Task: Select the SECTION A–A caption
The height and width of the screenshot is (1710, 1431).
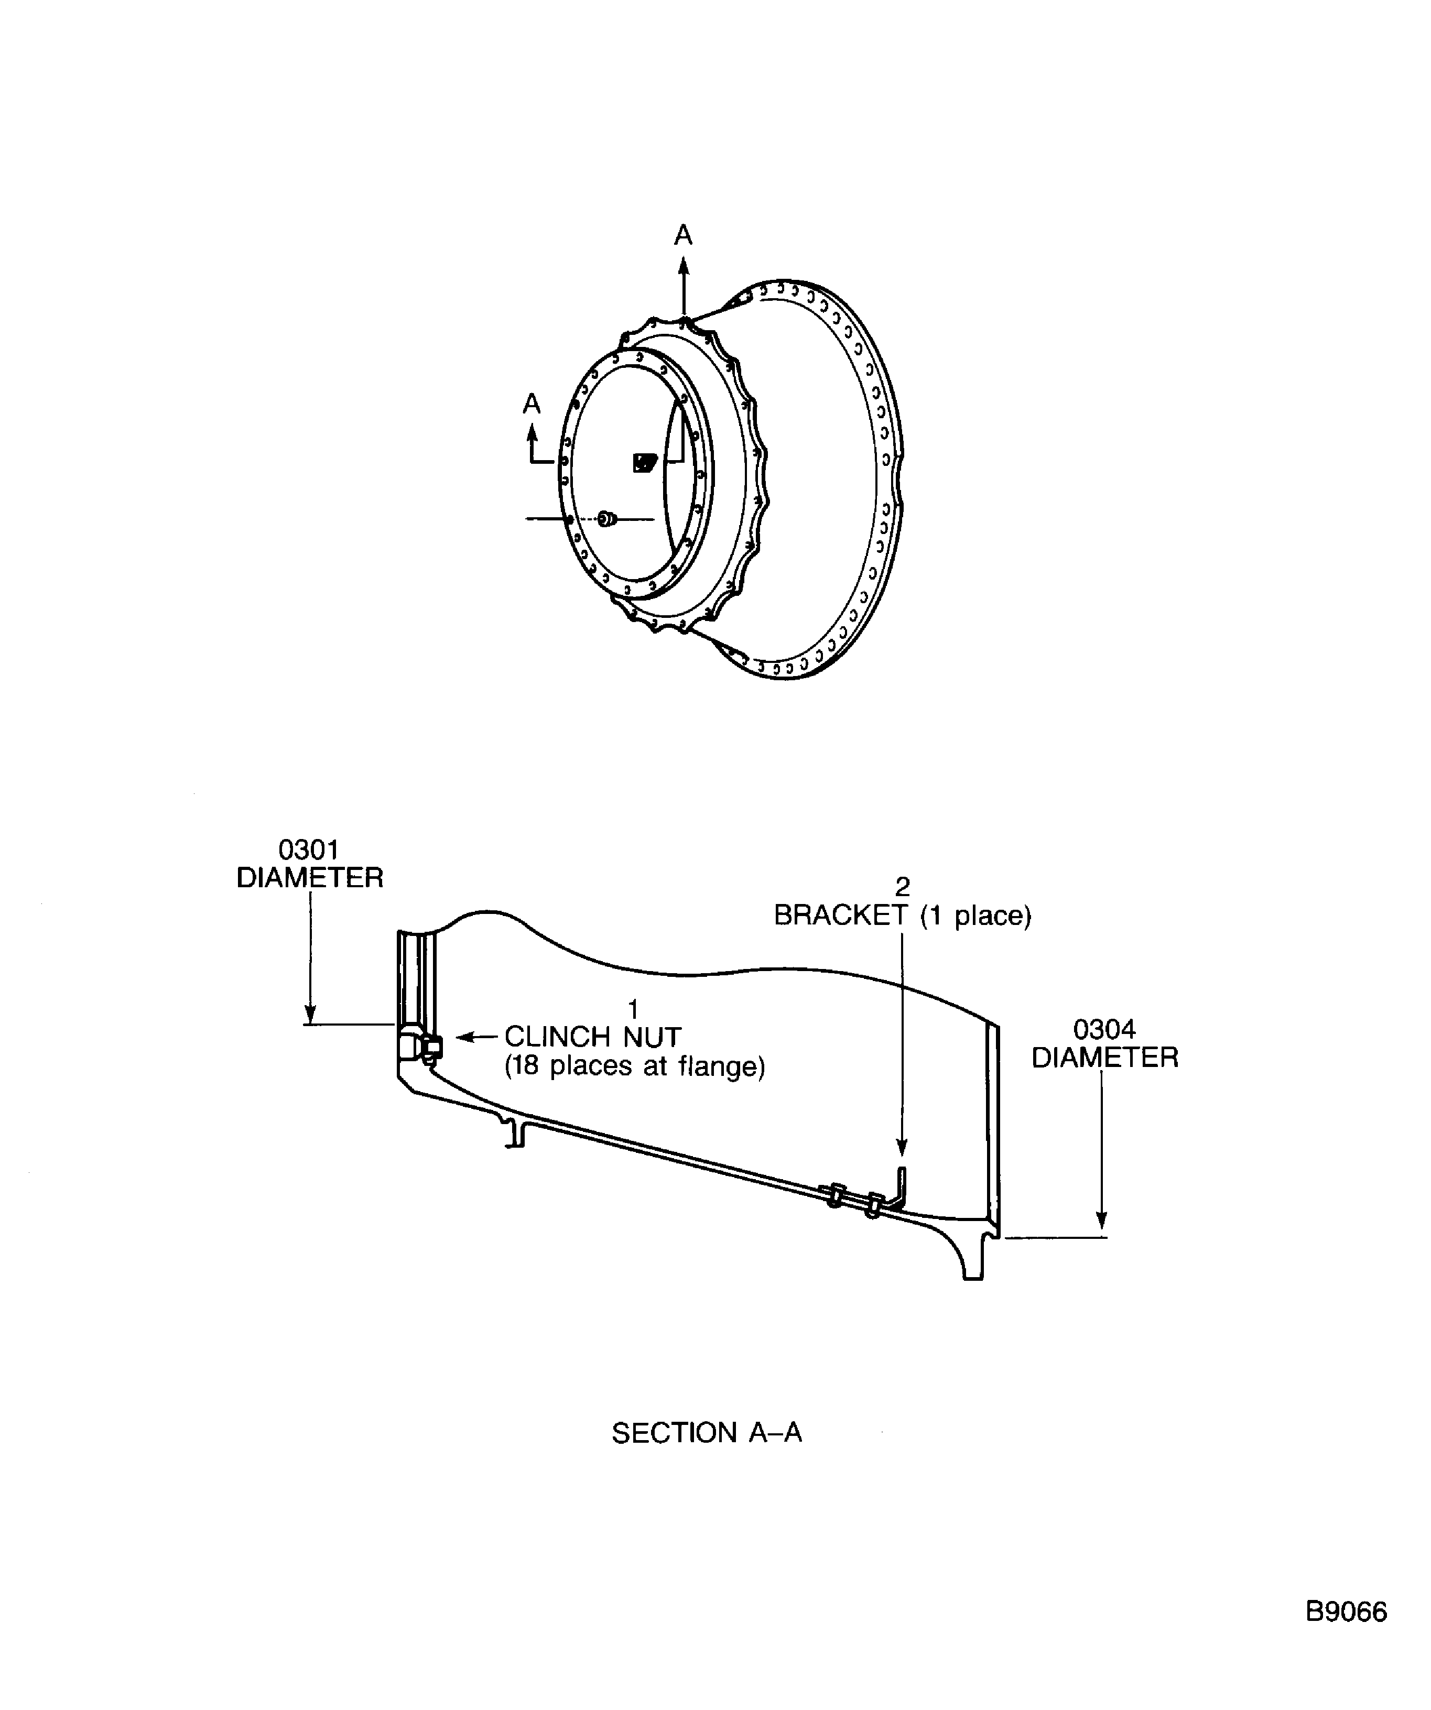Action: tap(706, 1432)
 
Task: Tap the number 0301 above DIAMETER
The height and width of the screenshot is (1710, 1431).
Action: tap(309, 849)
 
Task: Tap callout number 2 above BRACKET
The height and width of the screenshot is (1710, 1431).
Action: tap(902, 887)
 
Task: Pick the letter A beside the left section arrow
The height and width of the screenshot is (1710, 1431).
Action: tap(532, 404)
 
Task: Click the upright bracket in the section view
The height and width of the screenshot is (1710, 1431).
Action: tap(900, 1190)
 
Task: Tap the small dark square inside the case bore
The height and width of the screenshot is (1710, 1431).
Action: tap(644, 463)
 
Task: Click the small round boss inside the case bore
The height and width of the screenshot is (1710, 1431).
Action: tap(605, 519)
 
